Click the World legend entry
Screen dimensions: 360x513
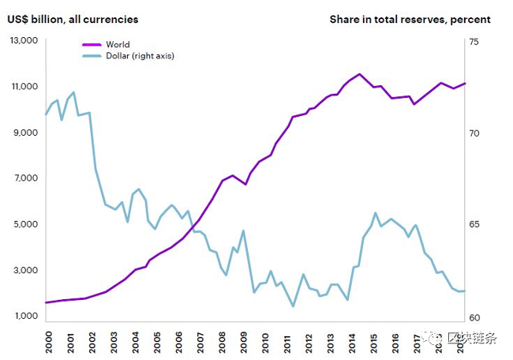(118, 45)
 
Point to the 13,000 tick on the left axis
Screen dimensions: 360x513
(23, 40)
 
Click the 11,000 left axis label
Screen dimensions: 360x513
(23, 86)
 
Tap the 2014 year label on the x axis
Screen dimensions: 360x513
(353, 340)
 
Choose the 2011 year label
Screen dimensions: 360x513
(287, 340)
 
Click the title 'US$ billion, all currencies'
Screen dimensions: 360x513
(73, 19)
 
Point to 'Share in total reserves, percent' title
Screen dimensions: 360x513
(410, 19)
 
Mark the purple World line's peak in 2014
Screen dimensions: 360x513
(360, 74)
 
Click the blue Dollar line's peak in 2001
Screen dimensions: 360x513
(73, 92)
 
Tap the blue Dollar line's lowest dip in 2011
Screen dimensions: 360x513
(293, 306)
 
